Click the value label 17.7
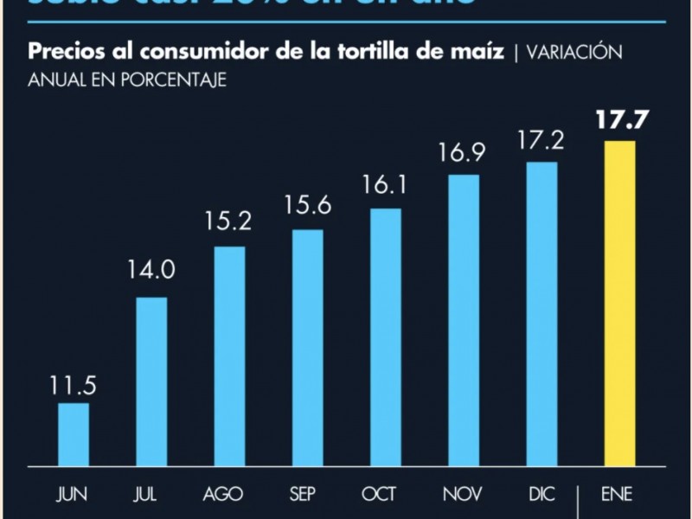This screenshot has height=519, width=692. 619,120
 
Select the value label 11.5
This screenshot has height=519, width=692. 74,384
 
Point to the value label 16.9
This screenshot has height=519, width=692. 464,156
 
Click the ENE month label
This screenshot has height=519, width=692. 619,496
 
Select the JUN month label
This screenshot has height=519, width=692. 74,496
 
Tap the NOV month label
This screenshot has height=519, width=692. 464,496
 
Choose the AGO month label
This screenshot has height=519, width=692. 229,496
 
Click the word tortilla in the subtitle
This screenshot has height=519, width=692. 409,51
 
